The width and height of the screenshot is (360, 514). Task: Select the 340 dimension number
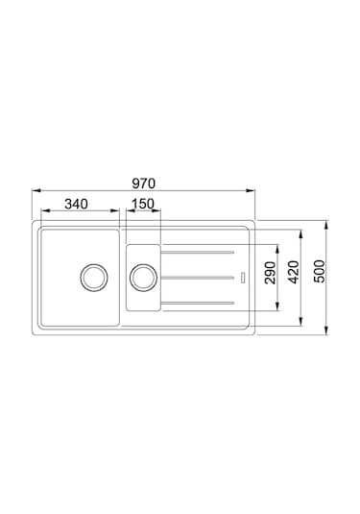[x=79, y=204]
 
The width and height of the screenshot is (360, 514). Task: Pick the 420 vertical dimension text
[x=295, y=274]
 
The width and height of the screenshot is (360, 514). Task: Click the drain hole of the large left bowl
[x=93, y=278]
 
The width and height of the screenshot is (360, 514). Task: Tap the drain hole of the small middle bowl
[x=143, y=278]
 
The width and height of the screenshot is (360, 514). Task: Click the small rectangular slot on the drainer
[x=244, y=279]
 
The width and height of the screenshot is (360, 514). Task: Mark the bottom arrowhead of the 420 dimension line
[x=304, y=321]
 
